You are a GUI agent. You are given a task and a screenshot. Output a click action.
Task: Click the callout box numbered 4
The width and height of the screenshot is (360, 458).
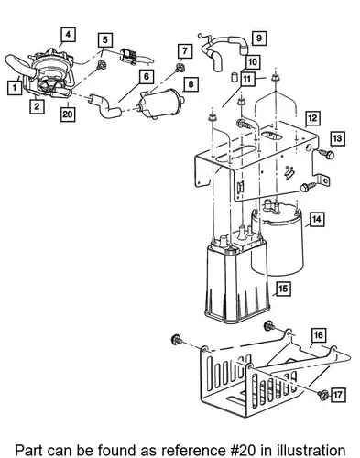[x=68, y=35]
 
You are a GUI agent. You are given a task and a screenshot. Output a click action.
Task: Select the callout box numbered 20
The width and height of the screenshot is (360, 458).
[x=68, y=114]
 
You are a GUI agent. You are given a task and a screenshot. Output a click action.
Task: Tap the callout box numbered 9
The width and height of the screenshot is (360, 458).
[x=259, y=38]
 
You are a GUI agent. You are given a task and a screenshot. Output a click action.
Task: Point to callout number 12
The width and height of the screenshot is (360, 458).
[x=312, y=118]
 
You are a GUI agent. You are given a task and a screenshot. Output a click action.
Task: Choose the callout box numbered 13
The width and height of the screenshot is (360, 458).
[x=337, y=138]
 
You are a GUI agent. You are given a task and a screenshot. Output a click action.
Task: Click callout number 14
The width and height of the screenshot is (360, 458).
[x=317, y=219]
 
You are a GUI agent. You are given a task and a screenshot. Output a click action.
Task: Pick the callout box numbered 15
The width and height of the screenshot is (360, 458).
[x=283, y=289]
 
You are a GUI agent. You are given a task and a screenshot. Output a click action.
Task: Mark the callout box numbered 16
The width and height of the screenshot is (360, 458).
[x=319, y=335]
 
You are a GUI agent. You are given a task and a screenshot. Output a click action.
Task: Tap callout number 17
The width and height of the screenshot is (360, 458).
[x=338, y=395]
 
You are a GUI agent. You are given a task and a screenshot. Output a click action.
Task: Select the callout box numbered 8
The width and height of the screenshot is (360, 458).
[x=191, y=84]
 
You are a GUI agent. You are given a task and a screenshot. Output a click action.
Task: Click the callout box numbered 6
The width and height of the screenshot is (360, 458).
[x=147, y=76]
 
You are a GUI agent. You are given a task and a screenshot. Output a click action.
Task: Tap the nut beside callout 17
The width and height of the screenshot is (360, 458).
[x=322, y=396]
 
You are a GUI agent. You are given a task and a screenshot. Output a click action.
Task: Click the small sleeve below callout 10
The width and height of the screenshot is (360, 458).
[x=235, y=77]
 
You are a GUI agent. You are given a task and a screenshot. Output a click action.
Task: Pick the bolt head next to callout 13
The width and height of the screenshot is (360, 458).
[x=329, y=155]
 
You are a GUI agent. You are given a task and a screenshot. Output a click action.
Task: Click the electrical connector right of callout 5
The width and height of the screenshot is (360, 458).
[x=129, y=56]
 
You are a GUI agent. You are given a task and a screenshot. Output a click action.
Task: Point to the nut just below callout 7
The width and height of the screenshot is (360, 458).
[x=180, y=68]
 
